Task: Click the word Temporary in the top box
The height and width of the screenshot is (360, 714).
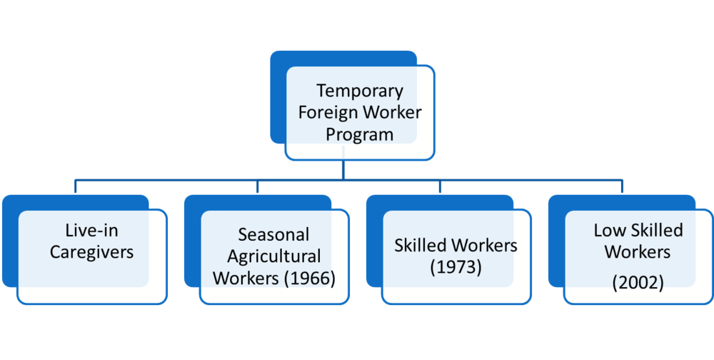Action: (360, 91)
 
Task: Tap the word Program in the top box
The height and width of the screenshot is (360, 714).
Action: (359, 135)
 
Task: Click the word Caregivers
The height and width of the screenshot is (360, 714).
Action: (91, 252)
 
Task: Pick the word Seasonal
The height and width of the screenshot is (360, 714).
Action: (274, 234)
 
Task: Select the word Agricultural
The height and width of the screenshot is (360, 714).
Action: (274, 256)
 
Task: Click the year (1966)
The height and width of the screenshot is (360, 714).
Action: (309, 279)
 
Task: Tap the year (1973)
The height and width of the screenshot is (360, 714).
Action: (456, 267)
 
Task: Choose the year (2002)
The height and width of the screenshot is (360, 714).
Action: (638, 284)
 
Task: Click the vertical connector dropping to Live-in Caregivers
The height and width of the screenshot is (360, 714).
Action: (76, 186)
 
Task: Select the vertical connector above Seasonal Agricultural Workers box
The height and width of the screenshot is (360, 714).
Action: (258, 186)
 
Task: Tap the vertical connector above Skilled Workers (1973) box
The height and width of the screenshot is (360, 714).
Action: (440, 186)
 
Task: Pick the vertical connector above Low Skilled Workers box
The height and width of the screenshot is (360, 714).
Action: (622, 186)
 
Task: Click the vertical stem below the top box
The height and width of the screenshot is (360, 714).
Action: (343, 163)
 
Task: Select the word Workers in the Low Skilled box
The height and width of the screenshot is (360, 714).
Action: (638, 252)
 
